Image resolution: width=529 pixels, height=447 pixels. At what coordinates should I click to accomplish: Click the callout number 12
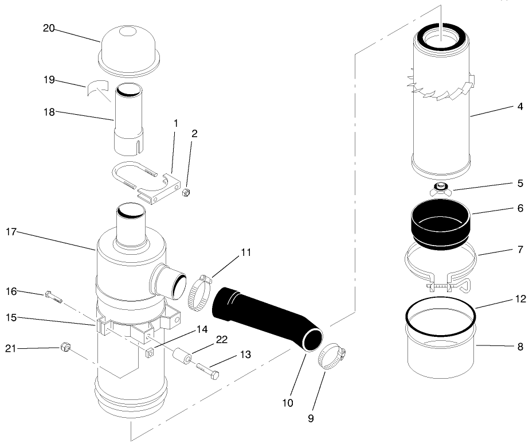pyautogui.click(x=520, y=298)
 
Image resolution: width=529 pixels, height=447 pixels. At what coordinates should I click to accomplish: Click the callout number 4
pyautogui.click(x=520, y=106)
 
